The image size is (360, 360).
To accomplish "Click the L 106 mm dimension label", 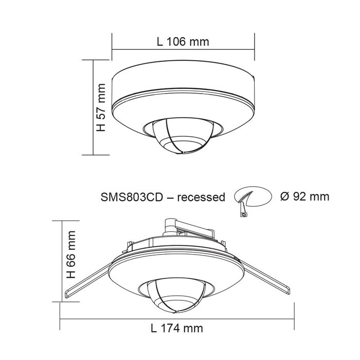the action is point(183,42).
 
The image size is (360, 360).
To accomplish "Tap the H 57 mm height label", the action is point(101,107).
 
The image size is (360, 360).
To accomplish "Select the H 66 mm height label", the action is point(71,255).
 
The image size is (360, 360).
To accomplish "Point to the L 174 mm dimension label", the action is point(177,328).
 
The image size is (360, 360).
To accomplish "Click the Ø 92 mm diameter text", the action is point(304,196).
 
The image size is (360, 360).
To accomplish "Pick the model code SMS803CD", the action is point(132,197).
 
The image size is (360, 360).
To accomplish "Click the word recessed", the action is point(201,197).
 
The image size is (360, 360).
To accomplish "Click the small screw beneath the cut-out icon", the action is point(244,214).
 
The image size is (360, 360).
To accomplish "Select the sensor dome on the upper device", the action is point(182,135).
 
